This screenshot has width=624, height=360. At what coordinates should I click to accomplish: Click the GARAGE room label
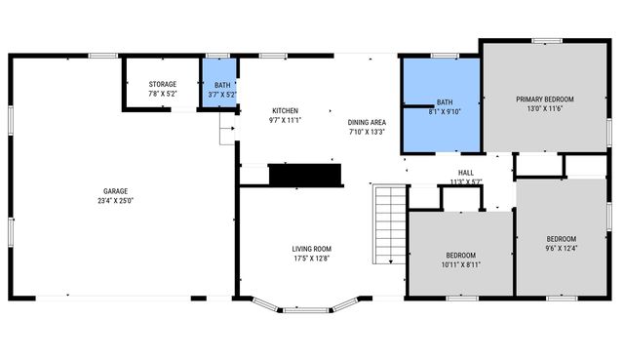tap(116, 191)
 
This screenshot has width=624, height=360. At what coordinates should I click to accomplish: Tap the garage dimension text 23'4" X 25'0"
tap(116, 201)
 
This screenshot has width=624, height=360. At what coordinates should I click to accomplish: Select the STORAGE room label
tap(162, 85)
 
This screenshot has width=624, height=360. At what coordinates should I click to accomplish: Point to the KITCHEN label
tap(285, 110)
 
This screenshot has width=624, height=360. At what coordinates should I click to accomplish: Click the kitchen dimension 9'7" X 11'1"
tap(285, 120)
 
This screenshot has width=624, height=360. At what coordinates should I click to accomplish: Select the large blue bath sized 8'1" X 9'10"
tap(445, 106)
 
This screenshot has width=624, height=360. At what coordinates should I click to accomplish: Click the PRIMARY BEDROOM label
tap(545, 100)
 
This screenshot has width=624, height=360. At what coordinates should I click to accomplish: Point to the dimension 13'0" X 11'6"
tap(545, 109)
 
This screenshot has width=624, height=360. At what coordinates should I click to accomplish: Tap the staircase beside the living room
tap(389, 223)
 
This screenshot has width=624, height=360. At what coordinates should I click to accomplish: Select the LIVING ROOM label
tap(312, 249)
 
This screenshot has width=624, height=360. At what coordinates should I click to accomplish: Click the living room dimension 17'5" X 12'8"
tap(312, 259)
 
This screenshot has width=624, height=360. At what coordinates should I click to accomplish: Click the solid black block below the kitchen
tap(305, 175)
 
